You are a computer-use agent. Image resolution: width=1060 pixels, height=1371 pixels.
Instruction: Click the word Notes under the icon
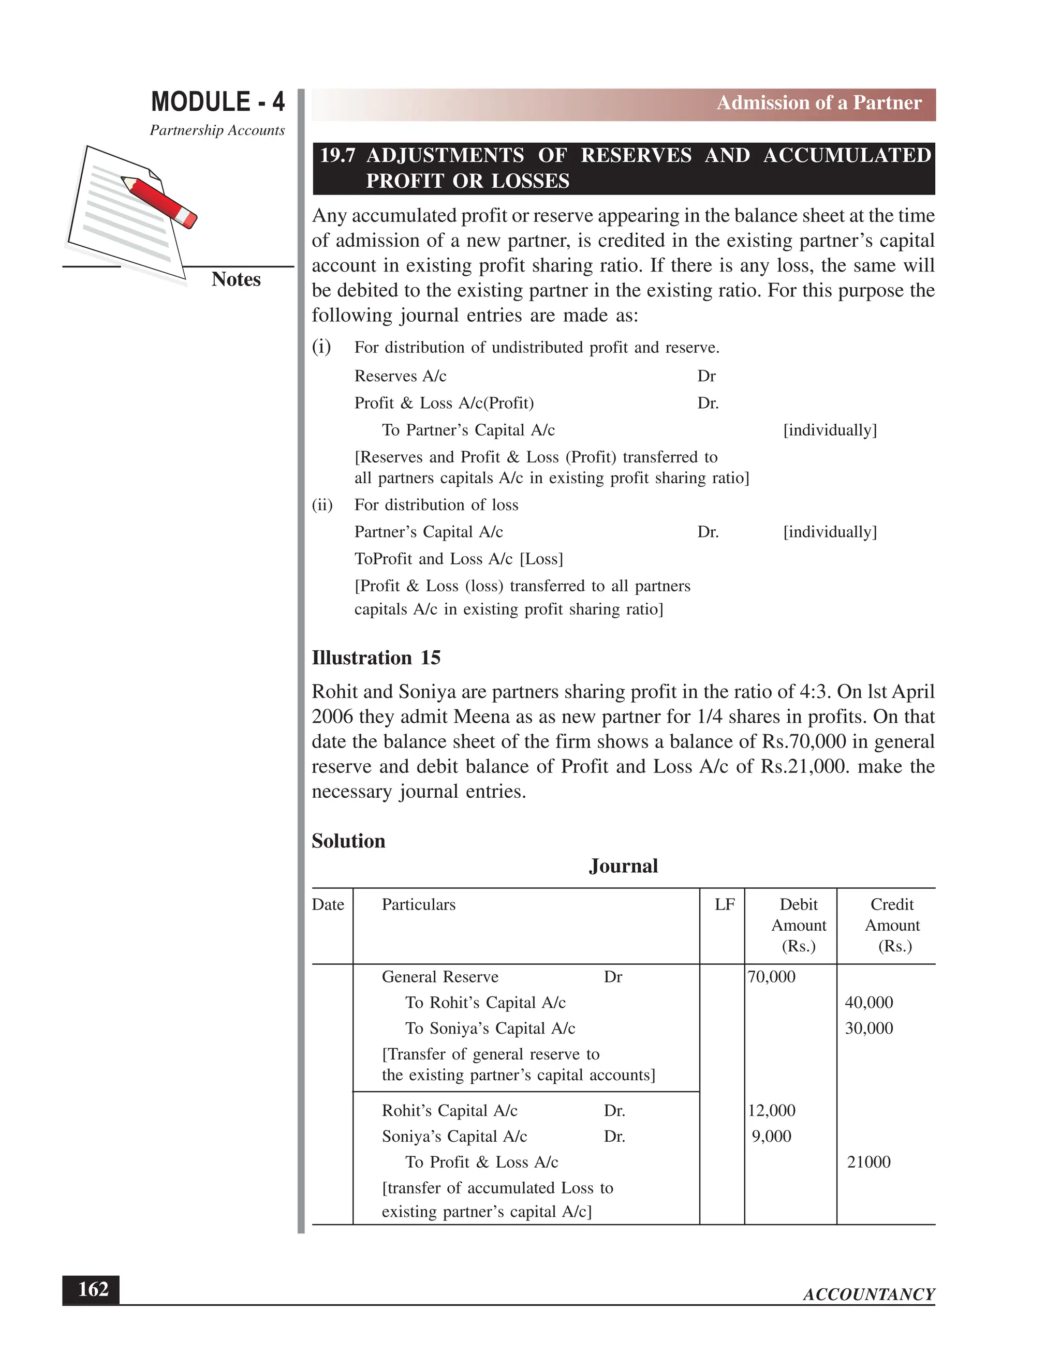pyautogui.click(x=235, y=279)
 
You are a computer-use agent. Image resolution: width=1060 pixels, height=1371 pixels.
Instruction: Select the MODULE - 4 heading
pyautogui.click(x=217, y=102)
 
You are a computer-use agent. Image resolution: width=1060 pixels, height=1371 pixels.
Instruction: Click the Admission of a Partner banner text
pyautogui.click(x=819, y=103)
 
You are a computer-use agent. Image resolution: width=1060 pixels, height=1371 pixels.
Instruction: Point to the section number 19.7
pyautogui.click(x=338, y=156)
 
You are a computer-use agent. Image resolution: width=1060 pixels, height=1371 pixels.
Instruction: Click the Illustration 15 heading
pyautogui.click(x=376, y=658)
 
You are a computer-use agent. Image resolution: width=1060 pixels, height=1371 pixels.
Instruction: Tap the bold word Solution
pyautogui.click(x=348, y=841)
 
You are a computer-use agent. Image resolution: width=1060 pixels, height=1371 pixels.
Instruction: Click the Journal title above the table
pyautogui.click(x=623, y=866)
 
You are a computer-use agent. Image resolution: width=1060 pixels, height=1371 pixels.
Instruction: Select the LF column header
pyautogui.click(x=724, y=904)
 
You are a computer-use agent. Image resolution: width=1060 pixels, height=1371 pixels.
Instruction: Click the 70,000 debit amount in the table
pyautogui.click(x=771, y=977)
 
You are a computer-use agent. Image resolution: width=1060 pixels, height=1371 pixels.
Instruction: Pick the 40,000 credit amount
pyautogui.click(x=868, y=1003)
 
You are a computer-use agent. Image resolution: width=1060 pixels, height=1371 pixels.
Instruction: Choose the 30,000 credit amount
pyautogui.click(x=868, y=1029)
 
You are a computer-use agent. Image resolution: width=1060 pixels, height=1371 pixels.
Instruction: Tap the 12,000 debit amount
pyautogui.click(x=771, y=1110)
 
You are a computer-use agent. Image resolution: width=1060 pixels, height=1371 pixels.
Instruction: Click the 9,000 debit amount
pyautogui.click(x=771, y=1136)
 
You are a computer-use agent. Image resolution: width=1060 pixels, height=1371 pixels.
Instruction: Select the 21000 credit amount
pyautogui.click(x=868, y=1162)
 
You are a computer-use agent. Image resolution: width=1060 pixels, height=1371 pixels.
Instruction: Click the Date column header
pyautogui.click(x=328, y=904)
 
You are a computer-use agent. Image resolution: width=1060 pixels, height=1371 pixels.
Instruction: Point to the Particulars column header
pyautogui.click(x=418, y=904)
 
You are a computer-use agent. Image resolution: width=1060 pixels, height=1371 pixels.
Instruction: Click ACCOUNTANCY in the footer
pyautogui.click(x=868, y=1294)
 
